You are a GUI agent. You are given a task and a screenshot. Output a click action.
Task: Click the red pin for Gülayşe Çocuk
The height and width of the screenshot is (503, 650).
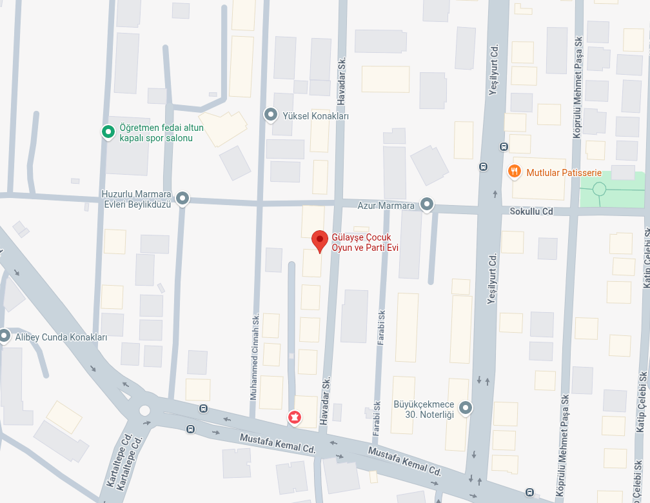click(319, 240)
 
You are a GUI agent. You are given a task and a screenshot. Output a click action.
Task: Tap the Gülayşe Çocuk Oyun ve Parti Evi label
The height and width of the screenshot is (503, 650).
click(361, 242)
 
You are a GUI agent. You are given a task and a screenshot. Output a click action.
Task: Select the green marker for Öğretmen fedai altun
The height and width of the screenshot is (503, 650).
click(108, 132)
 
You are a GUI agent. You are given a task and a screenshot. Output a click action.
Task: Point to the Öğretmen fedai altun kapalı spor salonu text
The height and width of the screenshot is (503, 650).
click(161, 133)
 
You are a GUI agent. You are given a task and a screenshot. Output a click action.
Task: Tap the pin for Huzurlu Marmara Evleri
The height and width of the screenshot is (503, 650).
click(183, 199)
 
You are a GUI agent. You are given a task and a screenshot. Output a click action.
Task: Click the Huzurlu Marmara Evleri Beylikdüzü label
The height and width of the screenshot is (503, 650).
click(136, 199)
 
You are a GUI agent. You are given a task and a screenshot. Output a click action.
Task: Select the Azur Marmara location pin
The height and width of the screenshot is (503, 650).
click(427, 205)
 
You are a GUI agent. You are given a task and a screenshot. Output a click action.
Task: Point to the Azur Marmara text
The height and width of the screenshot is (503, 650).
click(386, 206)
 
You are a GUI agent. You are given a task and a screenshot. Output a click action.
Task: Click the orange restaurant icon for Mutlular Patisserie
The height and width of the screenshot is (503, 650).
click(514, 172)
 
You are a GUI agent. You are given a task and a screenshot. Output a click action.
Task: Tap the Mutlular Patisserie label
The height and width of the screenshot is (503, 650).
click(564, 173)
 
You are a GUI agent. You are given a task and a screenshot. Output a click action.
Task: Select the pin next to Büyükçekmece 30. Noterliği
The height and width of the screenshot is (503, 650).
click(465, 408)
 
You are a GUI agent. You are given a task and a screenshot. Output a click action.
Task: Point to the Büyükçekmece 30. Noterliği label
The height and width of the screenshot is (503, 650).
click(424, 410)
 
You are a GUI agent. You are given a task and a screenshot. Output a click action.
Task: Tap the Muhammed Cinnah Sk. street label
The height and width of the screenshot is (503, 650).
click(255, 357)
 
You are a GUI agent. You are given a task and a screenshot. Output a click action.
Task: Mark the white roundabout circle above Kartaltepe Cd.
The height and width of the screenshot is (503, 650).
click(144, 410)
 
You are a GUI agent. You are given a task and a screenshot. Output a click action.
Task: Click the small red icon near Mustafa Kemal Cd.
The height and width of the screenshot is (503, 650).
click(295, 418)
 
